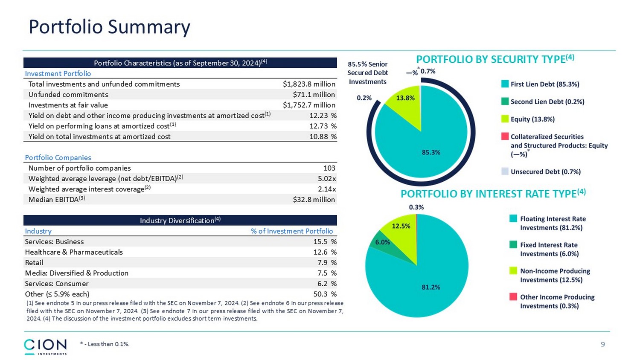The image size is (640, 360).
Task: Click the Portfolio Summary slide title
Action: click(x=109, y=27)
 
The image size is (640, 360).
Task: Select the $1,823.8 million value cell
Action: click(x=309, y=84)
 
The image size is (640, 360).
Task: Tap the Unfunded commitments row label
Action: click(x=68, y=95)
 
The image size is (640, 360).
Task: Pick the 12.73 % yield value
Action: click(x=323, y=126)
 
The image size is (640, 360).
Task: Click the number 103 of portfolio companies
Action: click(x=329, y=168)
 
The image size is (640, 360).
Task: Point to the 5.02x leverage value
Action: click(x=327, y=178)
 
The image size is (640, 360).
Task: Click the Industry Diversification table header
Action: click(x=180, y=221)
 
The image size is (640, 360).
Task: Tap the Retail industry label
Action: click(x=34, y=263)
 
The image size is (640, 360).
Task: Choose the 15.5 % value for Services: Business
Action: click(x=325, y=242)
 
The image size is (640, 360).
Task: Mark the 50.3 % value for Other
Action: click(x=325, y=294)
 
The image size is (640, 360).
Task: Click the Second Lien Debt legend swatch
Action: click(x=505, y=102)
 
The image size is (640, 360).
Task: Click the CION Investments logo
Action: click(x=45, y=346)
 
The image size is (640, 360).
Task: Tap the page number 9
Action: click(x=602, y=344)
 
